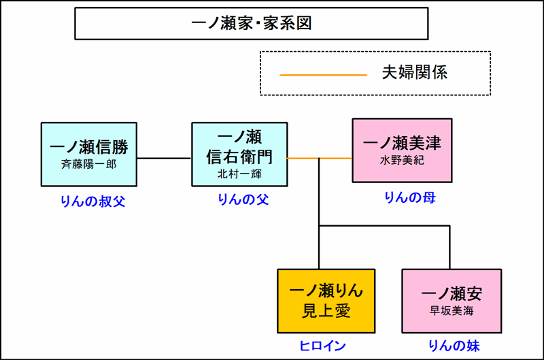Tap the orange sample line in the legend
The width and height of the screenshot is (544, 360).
click(323, 73)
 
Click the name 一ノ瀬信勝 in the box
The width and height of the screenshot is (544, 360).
click(89, 147)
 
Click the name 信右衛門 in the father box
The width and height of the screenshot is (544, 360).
click(239, 157)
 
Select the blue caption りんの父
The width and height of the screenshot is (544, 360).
click(239, 199)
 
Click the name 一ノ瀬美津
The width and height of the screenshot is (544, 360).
click(402, 144)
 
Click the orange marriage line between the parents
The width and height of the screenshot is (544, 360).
click(319, 158)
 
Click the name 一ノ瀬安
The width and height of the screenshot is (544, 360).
click(452, 294)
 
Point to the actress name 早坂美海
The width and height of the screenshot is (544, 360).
click(452, 311)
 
